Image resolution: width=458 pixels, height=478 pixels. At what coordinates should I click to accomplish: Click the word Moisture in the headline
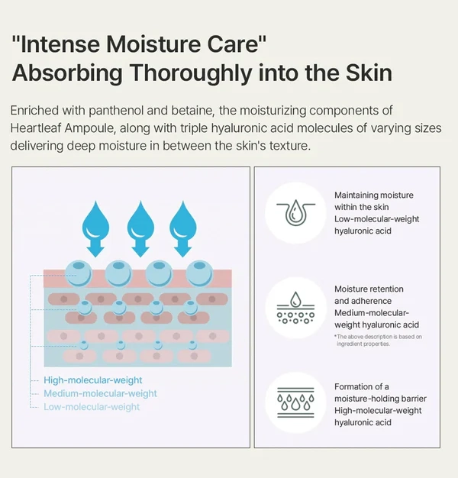point(153,44)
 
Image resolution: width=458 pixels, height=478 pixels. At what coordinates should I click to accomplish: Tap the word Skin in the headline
point(369,73)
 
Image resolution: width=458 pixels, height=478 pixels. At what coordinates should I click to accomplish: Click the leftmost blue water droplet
point(95,219)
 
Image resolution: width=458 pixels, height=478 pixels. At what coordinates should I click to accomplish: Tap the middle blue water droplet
point(140,219)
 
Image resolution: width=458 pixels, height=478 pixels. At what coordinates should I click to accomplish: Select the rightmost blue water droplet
point(183,219)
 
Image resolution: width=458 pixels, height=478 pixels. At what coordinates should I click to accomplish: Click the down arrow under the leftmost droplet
point(95,247)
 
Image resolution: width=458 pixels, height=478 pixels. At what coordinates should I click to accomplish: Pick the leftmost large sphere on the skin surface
point(79,273)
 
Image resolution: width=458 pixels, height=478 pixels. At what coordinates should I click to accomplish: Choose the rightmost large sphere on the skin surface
point(199,273)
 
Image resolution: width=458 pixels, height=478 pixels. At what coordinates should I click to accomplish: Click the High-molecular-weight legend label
point(93,380)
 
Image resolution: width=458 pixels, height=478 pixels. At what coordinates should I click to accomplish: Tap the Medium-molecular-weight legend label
point(100,393)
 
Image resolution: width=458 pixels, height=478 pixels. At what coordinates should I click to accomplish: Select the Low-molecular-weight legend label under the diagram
point(92,407)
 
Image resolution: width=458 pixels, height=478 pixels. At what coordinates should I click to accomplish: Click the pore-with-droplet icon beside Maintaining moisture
point(295,213)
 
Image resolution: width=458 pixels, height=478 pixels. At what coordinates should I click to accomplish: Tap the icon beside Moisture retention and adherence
point(295,308)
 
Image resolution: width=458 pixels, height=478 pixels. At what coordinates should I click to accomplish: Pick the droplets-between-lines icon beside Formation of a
point(295,402)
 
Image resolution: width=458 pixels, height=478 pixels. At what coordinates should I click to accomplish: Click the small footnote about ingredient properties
point(378,341)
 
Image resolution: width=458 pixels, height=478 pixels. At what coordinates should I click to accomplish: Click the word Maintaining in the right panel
point(355,195)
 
